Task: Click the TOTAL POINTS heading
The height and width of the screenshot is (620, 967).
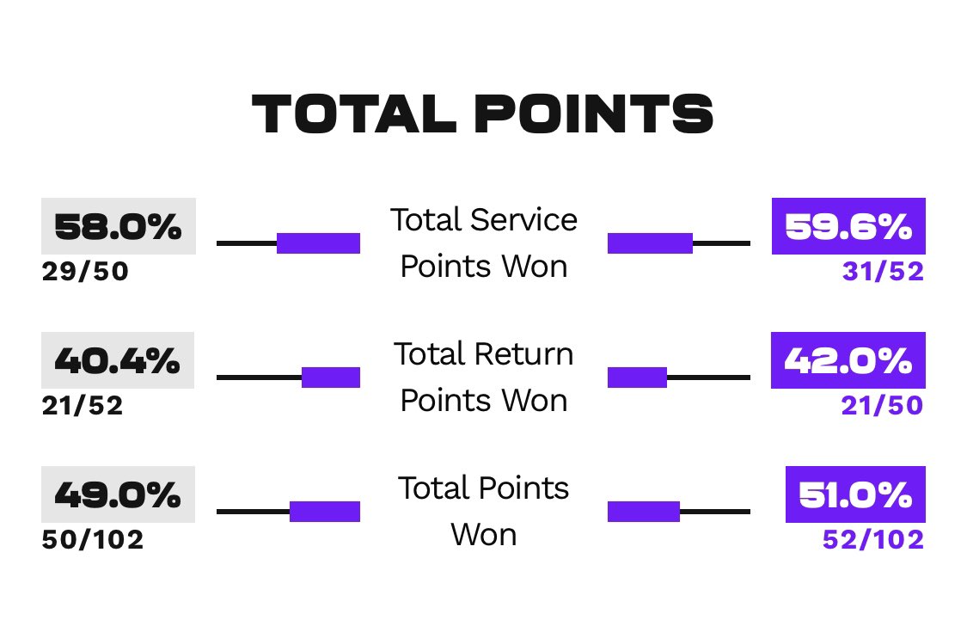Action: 482,114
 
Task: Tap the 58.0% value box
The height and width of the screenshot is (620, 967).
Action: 119,226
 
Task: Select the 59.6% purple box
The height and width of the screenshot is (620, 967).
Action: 848,226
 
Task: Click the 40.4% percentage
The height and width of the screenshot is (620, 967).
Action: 118,360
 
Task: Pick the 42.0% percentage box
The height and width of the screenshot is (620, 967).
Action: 848,360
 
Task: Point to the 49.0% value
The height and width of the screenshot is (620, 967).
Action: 119,494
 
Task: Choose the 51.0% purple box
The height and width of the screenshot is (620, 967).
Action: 855,494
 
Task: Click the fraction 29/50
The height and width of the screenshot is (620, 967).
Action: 85,272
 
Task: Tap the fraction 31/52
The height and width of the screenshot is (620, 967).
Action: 883,272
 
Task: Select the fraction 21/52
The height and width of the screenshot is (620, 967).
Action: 83,405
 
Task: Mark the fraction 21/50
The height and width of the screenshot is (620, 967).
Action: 882,405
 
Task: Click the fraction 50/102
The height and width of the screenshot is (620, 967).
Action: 93,540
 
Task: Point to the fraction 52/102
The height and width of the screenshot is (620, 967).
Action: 873,540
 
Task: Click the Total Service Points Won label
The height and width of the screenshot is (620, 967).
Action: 483,243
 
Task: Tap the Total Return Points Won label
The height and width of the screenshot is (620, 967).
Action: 483,377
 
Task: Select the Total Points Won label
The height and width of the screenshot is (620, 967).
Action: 483,512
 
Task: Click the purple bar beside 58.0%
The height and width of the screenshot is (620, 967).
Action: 318,243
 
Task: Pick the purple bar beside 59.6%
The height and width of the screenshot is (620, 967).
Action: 650,243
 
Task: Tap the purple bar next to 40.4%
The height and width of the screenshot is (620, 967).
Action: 331,378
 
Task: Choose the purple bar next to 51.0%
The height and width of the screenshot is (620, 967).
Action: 644,512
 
